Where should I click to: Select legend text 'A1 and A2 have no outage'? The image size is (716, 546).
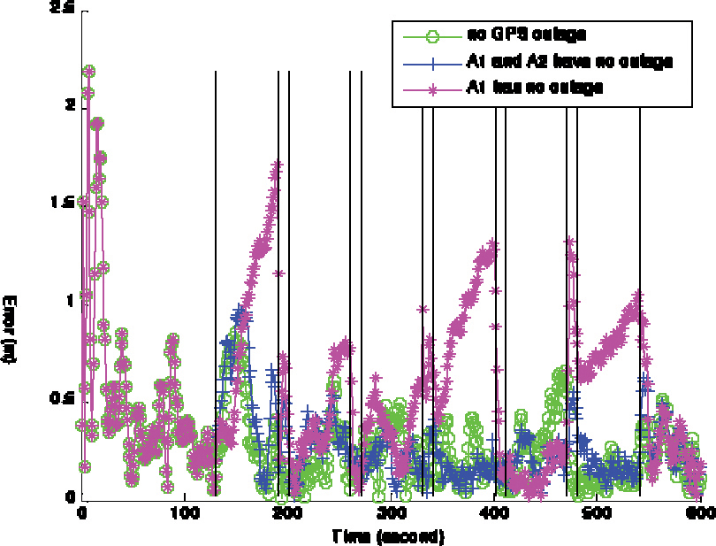(570, 62)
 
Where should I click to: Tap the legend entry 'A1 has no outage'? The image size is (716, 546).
(535, 88)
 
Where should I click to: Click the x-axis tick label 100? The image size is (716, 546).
(184, 512)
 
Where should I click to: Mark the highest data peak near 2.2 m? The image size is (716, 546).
(88, 72)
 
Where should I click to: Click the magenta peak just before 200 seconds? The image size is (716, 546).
(278, 165)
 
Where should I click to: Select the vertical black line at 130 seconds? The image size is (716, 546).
(216, 265)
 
